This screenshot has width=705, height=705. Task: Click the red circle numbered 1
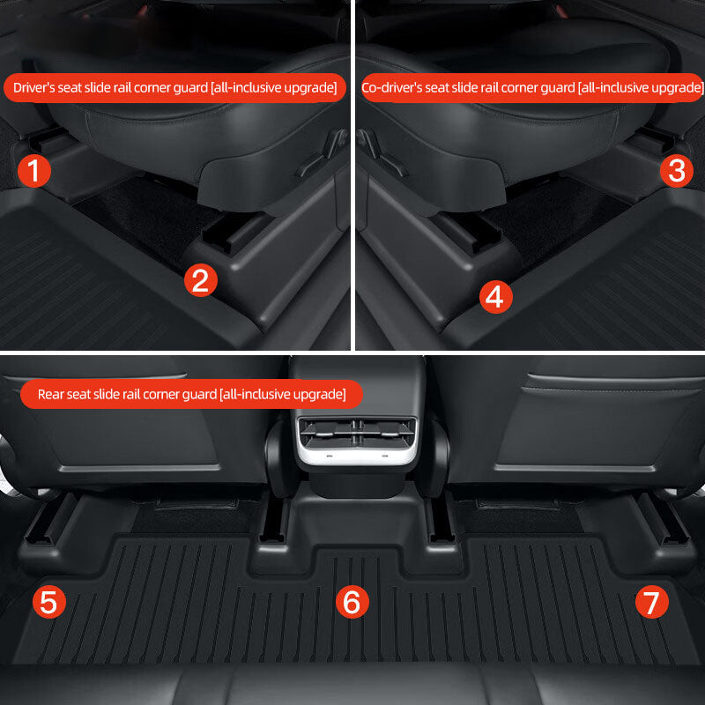pyautogui.click(x=34, y=170)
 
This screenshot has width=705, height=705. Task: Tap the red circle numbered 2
pyautogui.click(x=201, y=280)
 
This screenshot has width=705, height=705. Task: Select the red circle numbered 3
pyautogui.click(x=677, y=170)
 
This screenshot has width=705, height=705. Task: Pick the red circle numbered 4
pyautogui.click(x=495, y=297)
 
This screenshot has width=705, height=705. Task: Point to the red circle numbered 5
pyautogui.click(x=49, y=602)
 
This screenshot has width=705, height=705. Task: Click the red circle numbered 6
pyautogui.click(x=352, y=602)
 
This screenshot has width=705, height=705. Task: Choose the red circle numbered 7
pyautogui.click(x=651, y=602)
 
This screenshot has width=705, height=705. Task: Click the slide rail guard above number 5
pyautogui.click(x=50, y=521)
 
